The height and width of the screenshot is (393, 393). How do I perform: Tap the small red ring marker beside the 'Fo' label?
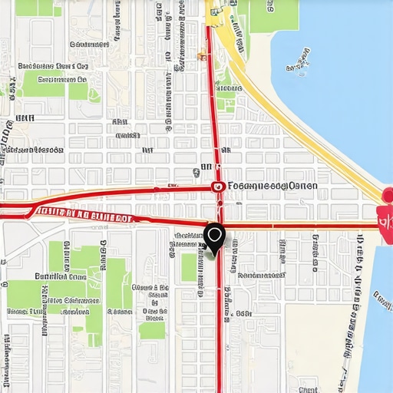(x=218, y=186)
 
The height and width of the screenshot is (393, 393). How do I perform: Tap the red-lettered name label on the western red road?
(x=84, y=216)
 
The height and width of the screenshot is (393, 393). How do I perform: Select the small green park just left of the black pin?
(x=189, y=266)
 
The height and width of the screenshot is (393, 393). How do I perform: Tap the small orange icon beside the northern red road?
(x=202, y=55)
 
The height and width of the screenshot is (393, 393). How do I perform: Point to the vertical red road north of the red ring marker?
(x=213, y=107)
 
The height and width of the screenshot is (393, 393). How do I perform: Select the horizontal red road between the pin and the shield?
(x=299, y=226)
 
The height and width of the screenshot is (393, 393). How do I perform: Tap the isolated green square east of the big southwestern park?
(x=151, y=330)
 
